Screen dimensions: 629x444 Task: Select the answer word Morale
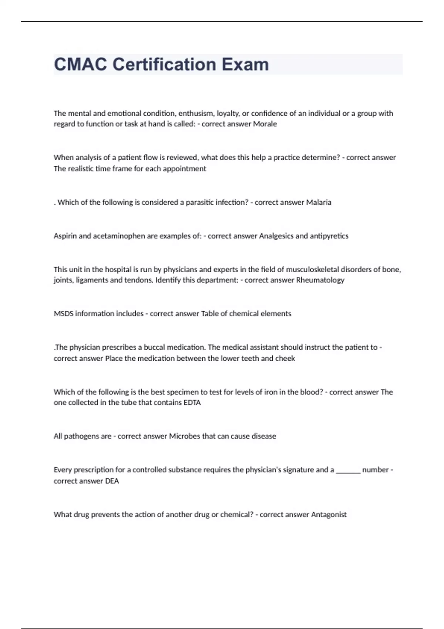[x=265, y=124]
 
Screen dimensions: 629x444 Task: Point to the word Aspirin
[x=65, y=236]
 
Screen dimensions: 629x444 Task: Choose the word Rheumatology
[x=320, y=280]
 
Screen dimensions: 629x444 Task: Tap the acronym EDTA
[x=192, y=403]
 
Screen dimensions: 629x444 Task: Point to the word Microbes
[x=184, y=436]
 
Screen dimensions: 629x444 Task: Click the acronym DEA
[x=112, y=481]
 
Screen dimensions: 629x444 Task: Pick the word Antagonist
[x=329, y=515]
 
